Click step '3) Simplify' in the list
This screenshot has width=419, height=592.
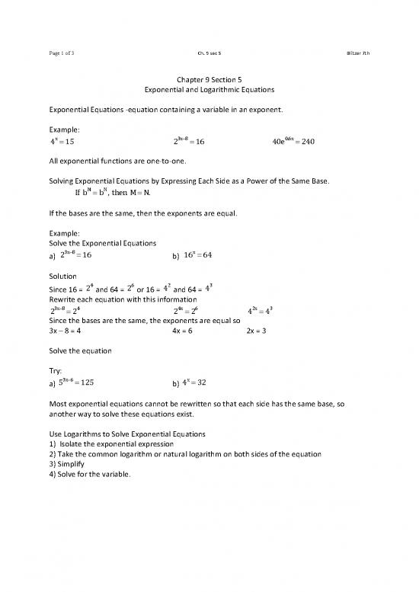(70, 464)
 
